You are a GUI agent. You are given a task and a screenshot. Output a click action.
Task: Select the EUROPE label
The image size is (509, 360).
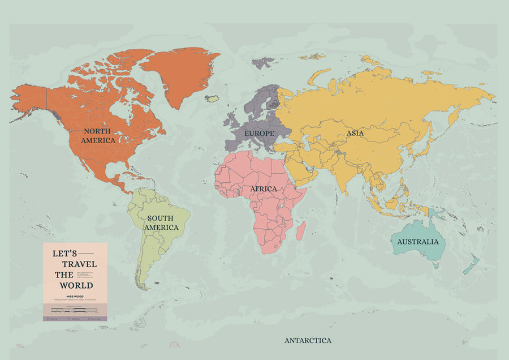coord(259,133)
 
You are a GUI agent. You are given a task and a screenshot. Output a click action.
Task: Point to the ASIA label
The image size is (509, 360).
coord(355,134)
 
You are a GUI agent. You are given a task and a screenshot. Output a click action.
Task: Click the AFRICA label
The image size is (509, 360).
coord(264,188)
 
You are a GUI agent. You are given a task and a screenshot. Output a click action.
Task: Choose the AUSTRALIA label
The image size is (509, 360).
coord(417,242)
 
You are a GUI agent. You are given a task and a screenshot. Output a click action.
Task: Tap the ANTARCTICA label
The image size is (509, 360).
coord(308,340)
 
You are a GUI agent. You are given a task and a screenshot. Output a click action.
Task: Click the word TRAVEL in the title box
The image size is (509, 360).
coord(76,264)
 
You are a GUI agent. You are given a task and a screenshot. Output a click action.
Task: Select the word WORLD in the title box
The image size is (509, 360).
coord(76,285)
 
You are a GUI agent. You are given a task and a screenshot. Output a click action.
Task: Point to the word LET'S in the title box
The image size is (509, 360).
coord(64,254)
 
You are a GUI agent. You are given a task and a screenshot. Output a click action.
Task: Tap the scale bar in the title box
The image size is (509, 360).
coord(74,310)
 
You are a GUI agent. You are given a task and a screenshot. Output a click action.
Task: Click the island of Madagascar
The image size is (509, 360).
coord(301,230)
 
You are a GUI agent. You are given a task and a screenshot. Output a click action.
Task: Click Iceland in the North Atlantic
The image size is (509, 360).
coord(212,98)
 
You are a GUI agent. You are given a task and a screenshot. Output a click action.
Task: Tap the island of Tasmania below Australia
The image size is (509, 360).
coord(435,264)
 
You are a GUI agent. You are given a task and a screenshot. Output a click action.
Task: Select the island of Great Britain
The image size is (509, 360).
coord(234,120)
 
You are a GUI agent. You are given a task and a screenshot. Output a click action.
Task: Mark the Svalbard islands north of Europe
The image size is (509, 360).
coord(262,62)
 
